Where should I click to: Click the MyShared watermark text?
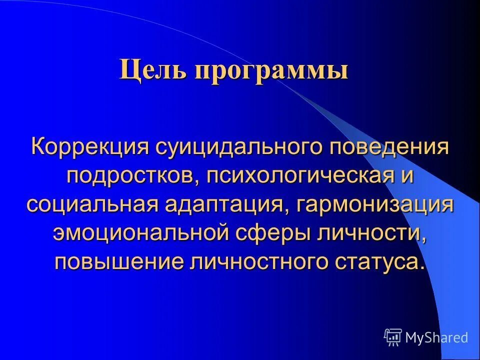tap(436, 337)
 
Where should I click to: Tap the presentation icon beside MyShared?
tap(393, 337)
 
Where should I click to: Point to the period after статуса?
tap(423, 267)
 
